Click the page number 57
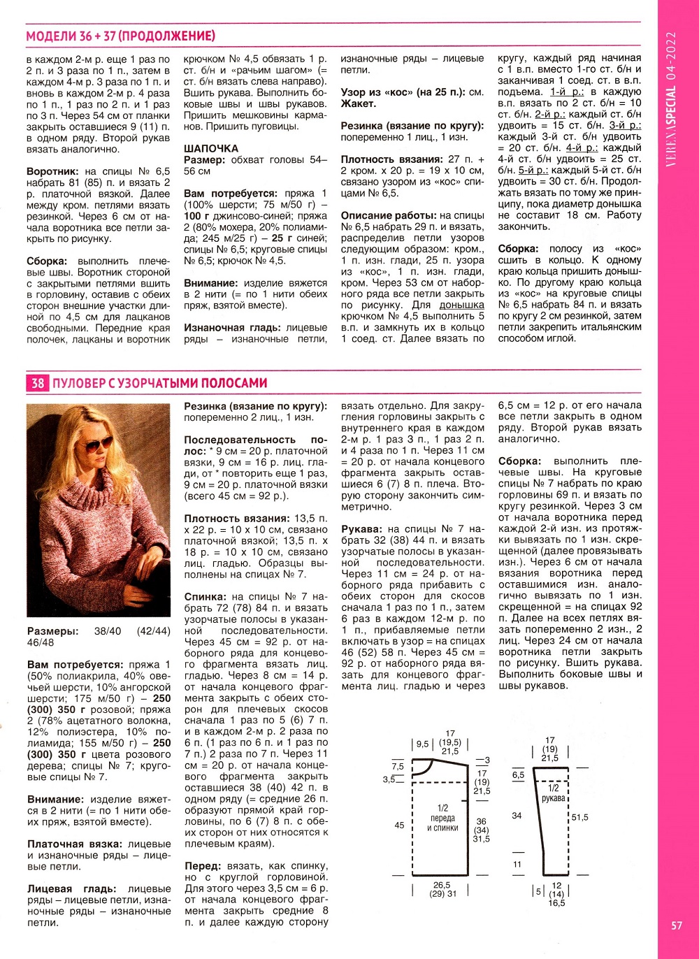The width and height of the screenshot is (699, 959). (x=676, y=925)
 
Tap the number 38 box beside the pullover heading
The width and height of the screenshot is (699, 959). (x=37, y=383)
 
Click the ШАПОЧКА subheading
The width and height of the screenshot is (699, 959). (x=211, y=148)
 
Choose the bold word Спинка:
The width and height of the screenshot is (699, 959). (x=206, y=597)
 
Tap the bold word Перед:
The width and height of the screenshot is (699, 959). (x=203, y=866)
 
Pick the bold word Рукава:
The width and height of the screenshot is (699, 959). (x=361, y=529)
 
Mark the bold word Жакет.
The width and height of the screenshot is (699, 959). (x=358, y=103)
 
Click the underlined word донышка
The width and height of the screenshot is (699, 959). (x=461, y=305)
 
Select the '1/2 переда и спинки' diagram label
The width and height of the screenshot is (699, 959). (x=442, y=818)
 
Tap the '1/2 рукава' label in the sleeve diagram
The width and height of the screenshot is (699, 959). (x=553, y=793)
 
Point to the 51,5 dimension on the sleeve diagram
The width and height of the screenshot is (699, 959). (x=579, y=817)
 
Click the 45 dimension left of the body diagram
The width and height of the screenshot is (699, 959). (x=399, y=825)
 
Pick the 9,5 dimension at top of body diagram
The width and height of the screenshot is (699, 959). (x=422, y=744)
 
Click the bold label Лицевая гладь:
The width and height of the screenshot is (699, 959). (x=71, y=889)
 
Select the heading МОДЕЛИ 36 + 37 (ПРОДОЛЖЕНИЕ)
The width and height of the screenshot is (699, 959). (x=120, y=36)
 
